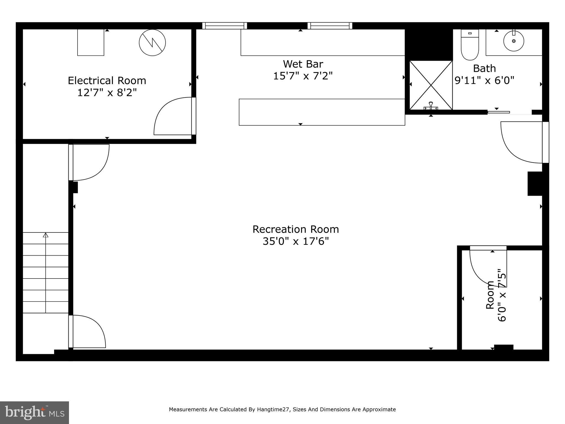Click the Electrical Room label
click(x=107, y=81)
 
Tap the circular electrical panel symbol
click(x=152, y=43)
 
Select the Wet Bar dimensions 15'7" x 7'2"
click(x=303, y=76)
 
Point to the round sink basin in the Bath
click(x=513, y=41)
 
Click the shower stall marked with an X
click(x=431, y=85)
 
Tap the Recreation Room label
click(x=295, y=229)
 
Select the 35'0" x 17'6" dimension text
click(x=295, y=242)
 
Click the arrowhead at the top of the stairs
click(x=46, y=235)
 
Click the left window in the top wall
click(x=224, y=26)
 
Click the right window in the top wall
click(x=330, y=26)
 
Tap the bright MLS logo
click(x=34, y=413)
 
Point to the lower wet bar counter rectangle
click(x=322, y=112)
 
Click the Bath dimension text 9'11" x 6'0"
click(x=484, y=81)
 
